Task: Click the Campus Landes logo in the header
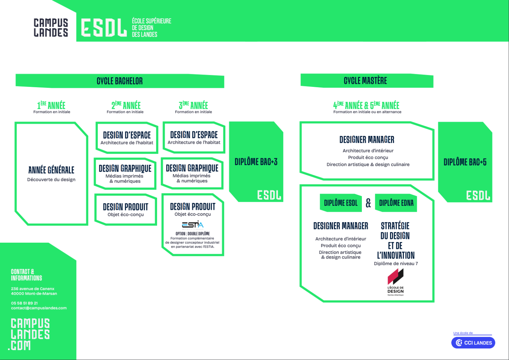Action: (51, 28)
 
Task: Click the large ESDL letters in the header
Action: (103, 28)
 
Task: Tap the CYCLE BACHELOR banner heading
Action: (120, 81)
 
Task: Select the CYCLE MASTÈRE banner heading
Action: (365, 81)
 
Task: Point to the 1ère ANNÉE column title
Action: (51, 105)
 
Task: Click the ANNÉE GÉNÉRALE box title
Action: (51, 170)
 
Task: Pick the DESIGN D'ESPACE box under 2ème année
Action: (127, 138)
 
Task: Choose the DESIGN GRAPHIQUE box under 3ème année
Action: (192, 173)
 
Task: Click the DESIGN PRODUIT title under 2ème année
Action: (126, 207)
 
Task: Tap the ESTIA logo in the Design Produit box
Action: (193, 224)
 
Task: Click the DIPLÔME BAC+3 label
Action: (256, 162)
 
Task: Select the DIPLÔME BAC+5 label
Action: (465, 162)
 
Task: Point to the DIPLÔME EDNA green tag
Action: (396, 203)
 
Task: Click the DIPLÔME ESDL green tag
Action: (341, 203)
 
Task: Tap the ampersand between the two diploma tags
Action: (368, 203)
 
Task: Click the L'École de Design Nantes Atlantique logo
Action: (396, 282)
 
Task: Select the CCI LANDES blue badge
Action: (473, 343)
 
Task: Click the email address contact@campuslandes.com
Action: (39, 308)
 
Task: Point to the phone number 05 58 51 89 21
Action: (25, 303)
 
